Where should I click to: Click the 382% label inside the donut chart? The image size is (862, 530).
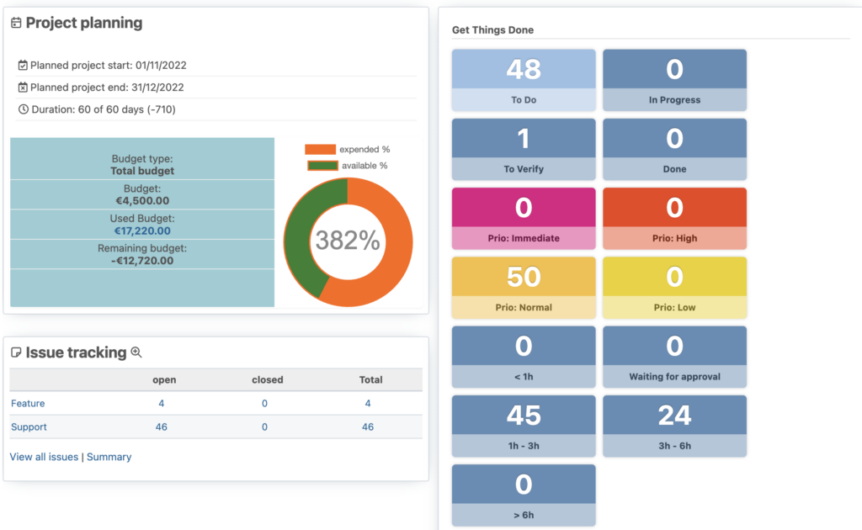(x=348, y=241)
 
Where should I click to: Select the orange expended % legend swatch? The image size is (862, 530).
(x=320, y=150)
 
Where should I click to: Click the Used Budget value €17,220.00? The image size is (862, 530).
(x=142, y=231)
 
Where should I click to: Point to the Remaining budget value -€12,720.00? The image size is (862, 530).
(x=142, y=261)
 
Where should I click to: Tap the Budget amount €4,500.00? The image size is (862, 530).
(x=142, y=201)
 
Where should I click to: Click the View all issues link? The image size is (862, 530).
(x=44, y=457)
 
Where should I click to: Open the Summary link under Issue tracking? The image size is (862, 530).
(x=109, y=457)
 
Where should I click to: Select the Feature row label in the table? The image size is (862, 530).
(x=28, y=404)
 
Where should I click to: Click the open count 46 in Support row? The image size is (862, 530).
(x=162, y=427)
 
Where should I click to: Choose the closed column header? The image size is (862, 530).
(x=268, y=380)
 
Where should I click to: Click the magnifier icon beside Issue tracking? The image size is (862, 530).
(x=136, y=353)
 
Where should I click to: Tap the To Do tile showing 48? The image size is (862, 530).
(x=524, y=80)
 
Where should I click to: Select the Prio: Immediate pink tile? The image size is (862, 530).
(x=524, y=219)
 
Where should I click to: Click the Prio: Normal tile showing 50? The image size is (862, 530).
(x=524, y=288)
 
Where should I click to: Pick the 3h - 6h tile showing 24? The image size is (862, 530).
(x=674, y=426)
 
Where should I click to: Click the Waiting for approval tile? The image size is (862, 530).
(x=674, y=357)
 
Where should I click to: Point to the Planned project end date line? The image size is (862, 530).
(x=107, y=87)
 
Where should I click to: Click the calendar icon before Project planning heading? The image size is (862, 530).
(x=16, y=24)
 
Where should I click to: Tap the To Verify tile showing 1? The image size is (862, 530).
(x=524, y=149)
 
